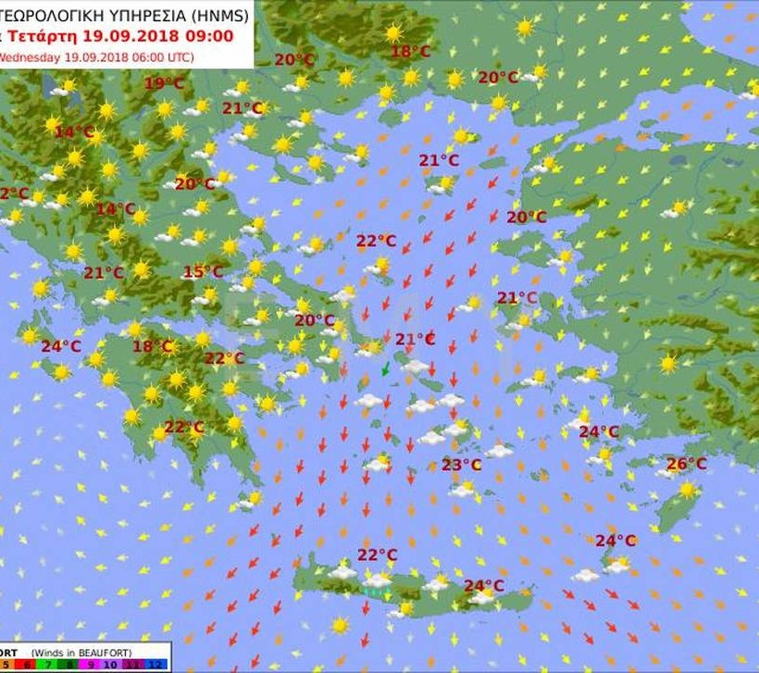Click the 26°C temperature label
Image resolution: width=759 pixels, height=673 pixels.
pos(687,464)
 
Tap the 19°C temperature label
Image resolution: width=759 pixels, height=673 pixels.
pos(164,83)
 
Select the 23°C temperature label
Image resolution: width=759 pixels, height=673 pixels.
pos(461,465)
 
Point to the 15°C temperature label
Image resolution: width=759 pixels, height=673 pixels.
pos(203,272)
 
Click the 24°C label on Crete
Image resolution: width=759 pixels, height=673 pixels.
pos(483,585)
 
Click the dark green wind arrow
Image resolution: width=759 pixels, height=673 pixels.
pos(386,370)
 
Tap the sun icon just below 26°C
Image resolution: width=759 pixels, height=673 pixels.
pos(687,489)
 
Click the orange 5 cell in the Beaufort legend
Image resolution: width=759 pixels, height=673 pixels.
pos(6,664)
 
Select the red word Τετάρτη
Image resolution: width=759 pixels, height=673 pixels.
pos(38,36)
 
